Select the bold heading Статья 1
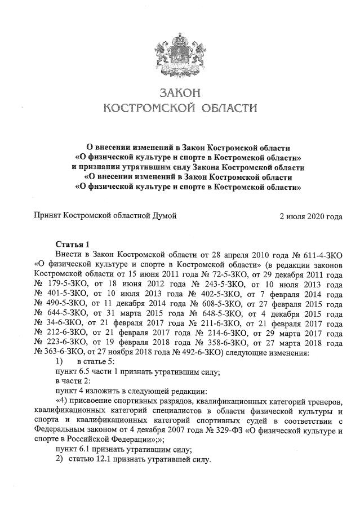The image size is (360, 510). [x=72, y=244]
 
